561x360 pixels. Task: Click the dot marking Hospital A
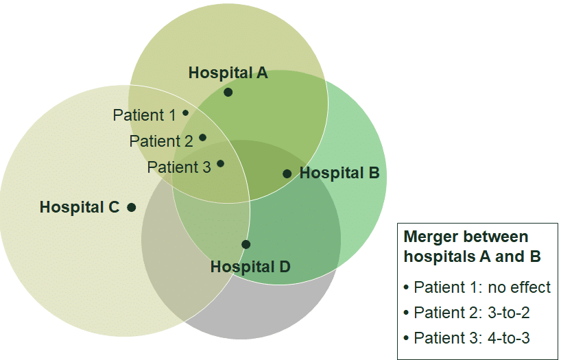click(x=228, y=93)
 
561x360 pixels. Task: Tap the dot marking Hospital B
click(x=287, y=174)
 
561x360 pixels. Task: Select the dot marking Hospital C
click(x=132, y=207)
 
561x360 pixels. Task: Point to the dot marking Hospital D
click(x=246, y=244)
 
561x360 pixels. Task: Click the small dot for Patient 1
click(x=185, y=113)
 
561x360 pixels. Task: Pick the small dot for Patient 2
click(x=202, y=137)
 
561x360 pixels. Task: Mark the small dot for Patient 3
click(x=220, y=163)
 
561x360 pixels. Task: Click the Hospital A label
click(x=228, y=73)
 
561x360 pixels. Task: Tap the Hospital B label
click(x=339, y=173)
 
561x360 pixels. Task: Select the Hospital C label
click(x=80, y=207)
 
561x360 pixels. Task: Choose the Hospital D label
click(x=250, y=267)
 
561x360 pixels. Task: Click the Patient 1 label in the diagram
click(x=145, y=115)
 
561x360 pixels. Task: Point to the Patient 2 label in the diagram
click(x=161, y=141)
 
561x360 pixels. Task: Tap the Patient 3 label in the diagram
click(x=179, y=167)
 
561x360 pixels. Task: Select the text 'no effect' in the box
click(x=519, y=287)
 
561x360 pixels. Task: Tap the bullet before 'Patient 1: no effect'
click(x=406, y=288)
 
